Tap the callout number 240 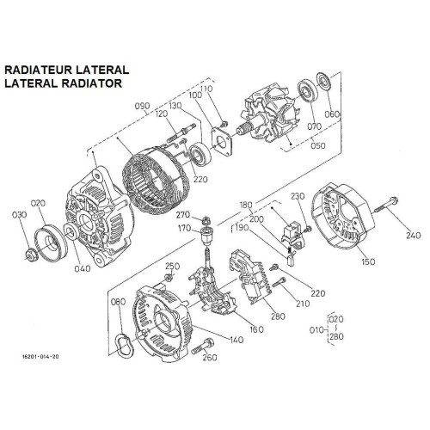coord(414,235)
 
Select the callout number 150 coord(368,261)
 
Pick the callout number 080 coord(118,301)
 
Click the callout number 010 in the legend coord(316,329)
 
